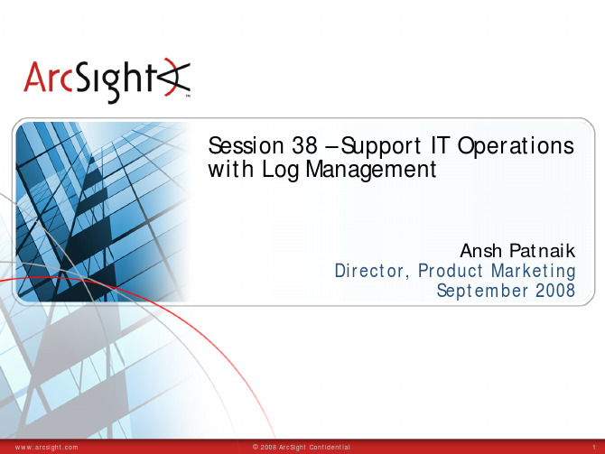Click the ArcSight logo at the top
107,80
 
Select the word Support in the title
381,146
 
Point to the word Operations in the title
516,146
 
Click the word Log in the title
281,170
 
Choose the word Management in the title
371,170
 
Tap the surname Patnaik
543,251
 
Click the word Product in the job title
451,271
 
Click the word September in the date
482,291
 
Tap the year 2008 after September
555,291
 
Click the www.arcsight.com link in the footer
46,448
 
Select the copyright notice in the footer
302,448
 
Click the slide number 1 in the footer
594,448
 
